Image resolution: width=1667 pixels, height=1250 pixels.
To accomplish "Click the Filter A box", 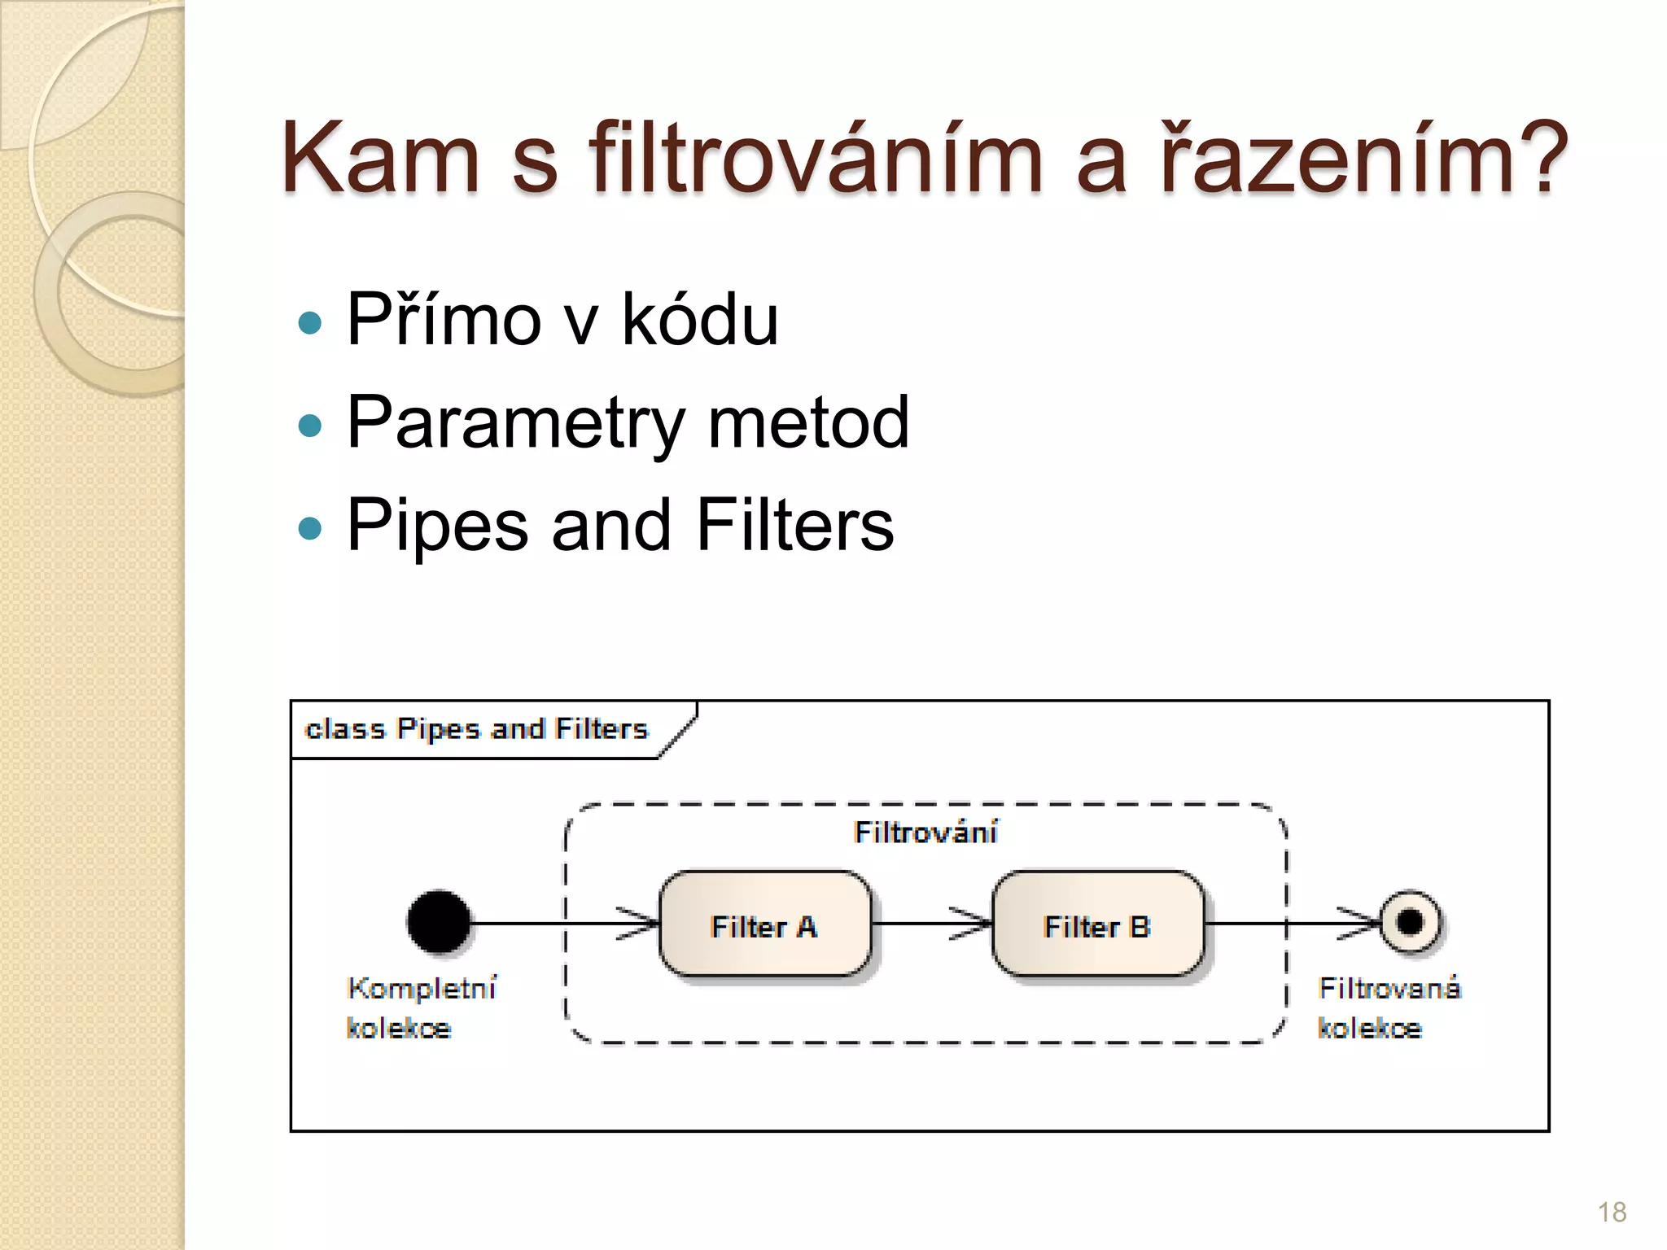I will pos(764,924).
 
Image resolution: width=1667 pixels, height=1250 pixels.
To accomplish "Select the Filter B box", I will pos(1097,924).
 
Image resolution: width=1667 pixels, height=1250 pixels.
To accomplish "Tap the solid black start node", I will pos(439,923).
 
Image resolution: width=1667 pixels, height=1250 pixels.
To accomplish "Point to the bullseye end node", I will pos(1411,923).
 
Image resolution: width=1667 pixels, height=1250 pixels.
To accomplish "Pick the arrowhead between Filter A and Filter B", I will pos(972,924).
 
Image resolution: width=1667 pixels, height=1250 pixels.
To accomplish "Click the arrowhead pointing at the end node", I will pos(1361,924).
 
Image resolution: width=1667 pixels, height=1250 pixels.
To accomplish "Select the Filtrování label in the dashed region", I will pos(925,833).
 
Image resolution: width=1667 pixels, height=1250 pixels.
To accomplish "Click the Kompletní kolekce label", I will pos(421,1007).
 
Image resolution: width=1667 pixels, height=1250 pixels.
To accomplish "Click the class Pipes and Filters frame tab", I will pos(477,729).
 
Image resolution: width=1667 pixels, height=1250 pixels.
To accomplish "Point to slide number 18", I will pos(1612,1213).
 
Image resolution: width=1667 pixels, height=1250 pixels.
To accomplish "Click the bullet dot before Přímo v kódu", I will pos(310,323).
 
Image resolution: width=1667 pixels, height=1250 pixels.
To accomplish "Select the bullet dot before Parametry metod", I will pos(310,426).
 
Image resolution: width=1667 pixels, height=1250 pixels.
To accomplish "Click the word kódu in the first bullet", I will pos(700,319).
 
